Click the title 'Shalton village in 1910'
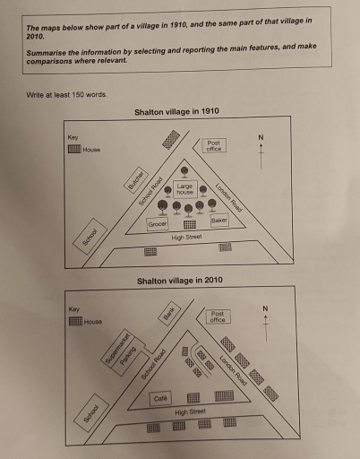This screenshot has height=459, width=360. [x=176, y=112]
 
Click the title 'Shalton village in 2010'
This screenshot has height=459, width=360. [x=178, y=281]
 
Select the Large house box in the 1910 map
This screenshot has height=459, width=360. [x=184, y=190]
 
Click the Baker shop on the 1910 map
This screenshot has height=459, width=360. [x=219, y=221]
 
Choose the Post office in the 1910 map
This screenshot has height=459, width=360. [x=213, y=145]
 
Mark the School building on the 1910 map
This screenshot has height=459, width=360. [x=90, y=238]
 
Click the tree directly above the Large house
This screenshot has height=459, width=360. [x=184, y=171]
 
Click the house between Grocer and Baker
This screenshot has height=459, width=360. [x=189, y=224]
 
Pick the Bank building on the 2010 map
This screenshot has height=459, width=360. [x=167, y=313]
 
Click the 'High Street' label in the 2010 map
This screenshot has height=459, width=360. [x=190, y=411]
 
